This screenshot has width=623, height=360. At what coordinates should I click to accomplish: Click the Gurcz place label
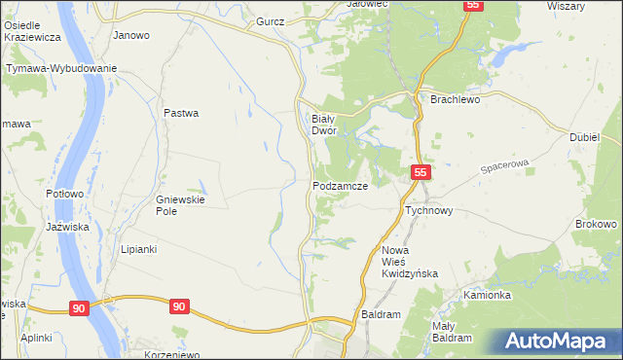[270, 20]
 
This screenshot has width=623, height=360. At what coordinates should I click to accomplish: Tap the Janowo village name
[131, 35]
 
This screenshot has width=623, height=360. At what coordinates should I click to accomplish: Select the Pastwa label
[181, 113]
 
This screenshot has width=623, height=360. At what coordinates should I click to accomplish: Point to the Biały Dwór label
[323, 124]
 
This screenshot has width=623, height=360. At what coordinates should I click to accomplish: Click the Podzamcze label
[339, 185]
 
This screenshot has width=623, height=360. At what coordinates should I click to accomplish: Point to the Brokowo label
[596, 224]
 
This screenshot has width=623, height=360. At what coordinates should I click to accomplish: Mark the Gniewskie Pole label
[178, 205]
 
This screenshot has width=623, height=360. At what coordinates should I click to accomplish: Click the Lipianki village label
[138, 249]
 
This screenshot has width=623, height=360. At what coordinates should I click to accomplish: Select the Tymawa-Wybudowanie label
[61, 68]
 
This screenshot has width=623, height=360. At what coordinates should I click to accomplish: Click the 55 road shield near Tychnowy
[420, 172]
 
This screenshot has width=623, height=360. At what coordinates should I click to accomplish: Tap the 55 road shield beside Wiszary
[472, 5]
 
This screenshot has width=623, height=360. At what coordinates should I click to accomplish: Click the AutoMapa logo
[557, 342]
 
